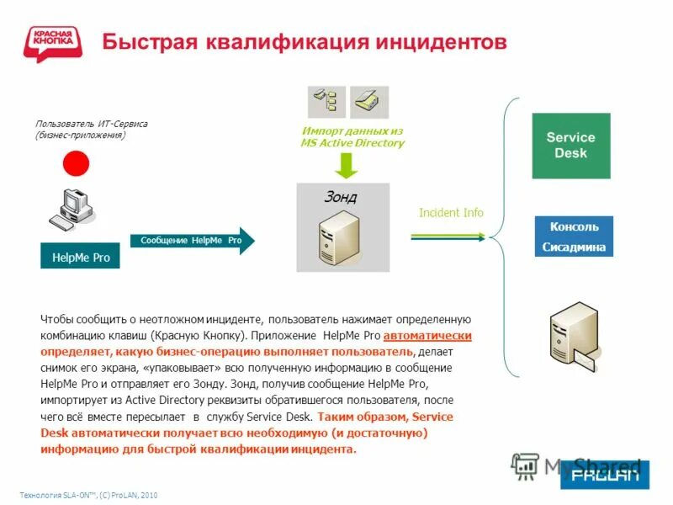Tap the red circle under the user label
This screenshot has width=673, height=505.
tap(77, 162)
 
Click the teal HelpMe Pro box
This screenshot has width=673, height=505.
tap(80, 256)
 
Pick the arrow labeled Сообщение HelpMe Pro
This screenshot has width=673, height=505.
tap(192, 241)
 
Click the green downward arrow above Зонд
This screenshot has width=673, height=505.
tap(343, 165)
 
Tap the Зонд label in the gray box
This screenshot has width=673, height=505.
tap(340, 198)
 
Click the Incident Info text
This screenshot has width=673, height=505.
tap(451, 213)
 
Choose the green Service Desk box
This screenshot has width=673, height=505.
tap(570, 145)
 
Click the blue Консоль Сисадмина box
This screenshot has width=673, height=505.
tap(575, 237)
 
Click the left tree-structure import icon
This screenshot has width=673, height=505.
tap(326, 101)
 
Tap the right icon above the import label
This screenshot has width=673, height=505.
tap(369, 101)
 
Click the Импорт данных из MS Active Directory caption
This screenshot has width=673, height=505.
tap(352, 137)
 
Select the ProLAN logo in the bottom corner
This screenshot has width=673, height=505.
tap(605, 474)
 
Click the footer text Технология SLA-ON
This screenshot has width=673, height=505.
tap(88, 495)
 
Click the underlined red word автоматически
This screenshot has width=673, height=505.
tap(427, 335)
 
